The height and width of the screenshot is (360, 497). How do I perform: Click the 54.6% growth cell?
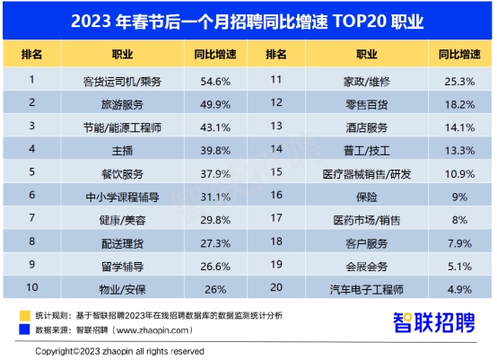(215, 82)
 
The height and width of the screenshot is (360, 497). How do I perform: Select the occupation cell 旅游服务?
(122, 104)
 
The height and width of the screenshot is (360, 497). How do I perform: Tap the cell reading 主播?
(122, 151)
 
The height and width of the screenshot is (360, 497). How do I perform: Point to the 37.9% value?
(215, 174)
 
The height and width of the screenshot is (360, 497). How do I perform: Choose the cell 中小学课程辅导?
(122, 197)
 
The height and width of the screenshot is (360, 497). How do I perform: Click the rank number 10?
(32, 287)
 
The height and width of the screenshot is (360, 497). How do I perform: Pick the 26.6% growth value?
(215, 267)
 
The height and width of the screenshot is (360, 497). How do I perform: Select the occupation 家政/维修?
(367, 82)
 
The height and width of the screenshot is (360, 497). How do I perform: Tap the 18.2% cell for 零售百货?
(459, 104)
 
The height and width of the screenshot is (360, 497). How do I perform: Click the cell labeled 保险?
(367, 197)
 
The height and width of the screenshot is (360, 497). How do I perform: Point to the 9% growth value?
(459, 197)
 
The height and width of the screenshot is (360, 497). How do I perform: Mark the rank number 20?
(276, 287)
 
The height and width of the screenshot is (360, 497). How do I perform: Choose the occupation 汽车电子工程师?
(367, 289)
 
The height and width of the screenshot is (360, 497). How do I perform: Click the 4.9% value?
(459, 289)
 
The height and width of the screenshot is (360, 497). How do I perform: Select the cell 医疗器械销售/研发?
(367, 174)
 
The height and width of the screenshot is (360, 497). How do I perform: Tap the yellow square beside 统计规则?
(25, 316)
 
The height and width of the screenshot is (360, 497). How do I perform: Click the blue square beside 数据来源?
(25, 329)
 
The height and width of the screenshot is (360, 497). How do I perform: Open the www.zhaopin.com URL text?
(153, 330)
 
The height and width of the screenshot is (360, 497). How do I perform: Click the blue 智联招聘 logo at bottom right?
(434, 322)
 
